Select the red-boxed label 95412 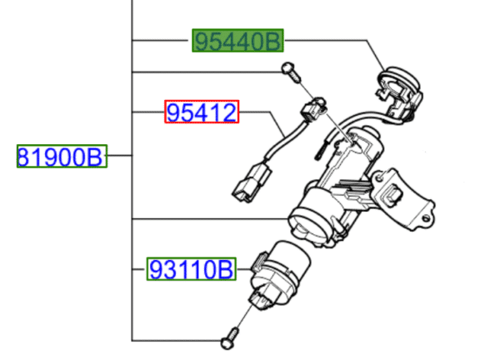[x=202, y=112]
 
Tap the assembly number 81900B [x=62, y=156]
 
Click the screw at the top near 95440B [x=288, y=71]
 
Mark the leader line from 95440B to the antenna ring [x=333, y=40]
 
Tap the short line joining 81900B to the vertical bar [x=120, y=156]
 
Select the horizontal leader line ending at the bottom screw [x=175, y=339]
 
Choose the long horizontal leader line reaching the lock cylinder [x=208, y=219]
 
